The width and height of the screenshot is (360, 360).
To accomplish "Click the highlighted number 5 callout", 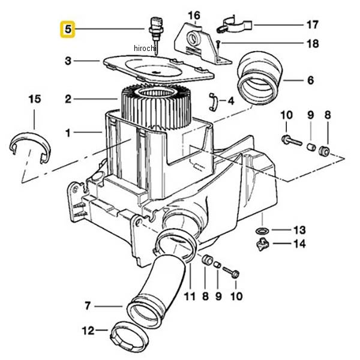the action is coord(67,29).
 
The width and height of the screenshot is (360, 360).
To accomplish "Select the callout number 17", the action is coord(313,25).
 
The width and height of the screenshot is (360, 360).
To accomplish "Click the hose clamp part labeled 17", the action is coord(234,25).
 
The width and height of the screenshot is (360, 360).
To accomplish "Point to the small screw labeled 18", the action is coord(218,43).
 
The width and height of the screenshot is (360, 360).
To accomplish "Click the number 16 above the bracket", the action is coord(194,16).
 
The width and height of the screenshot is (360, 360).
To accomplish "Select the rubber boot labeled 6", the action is coord(258,79).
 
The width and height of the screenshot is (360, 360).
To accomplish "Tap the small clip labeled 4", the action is coord(213,102).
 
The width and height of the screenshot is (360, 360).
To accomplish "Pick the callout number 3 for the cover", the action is coord(68,61).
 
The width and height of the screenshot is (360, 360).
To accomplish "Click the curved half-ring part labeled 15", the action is coord(31,146).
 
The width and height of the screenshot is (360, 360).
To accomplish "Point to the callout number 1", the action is coord(68,133).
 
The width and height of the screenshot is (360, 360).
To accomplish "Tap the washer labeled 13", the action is coord(262,230).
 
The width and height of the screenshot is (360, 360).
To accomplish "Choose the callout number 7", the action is coord(88,306).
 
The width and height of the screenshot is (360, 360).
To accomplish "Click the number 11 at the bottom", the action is coord(190,296).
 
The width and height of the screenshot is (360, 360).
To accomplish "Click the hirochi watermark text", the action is coord(145,49).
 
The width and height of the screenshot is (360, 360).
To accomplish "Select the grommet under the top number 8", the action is coord(324,151).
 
